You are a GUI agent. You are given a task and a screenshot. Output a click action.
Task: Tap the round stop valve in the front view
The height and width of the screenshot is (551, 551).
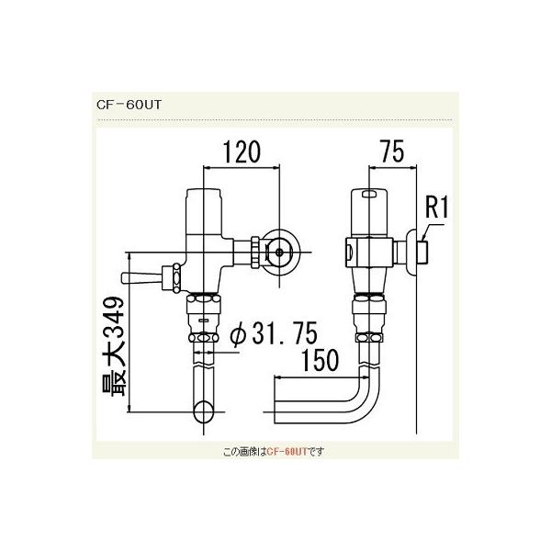pyautogui.click(x=276, y=249)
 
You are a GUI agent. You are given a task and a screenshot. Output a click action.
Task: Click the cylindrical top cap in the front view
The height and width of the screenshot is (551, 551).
pyautogui.click(x=204, y=208)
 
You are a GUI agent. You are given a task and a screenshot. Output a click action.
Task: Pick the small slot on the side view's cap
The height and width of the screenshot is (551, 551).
pyautogui.click(x=368, y=195)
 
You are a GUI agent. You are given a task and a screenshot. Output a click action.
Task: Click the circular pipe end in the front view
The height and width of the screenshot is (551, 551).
pyautogui.click(x=204, y=410)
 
